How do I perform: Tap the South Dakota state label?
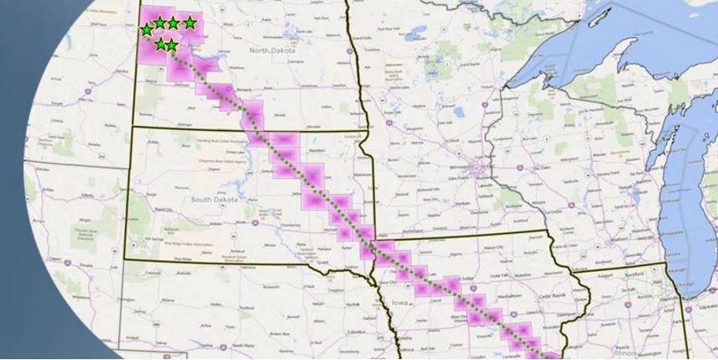(215, 199)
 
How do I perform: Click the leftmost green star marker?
(147, 29)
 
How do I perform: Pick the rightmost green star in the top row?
(190, 23)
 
